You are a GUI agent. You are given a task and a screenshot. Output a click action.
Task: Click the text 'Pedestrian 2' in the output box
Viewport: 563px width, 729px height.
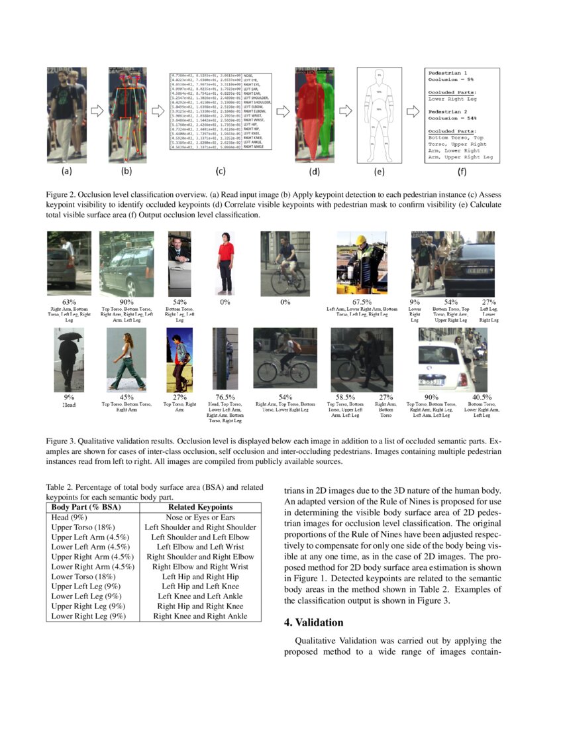pos(448,111)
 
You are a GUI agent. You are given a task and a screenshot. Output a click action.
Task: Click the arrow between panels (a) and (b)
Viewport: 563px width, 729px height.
pos(97,111)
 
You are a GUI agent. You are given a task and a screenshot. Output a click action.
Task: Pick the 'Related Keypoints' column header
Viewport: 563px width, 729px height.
pos(200,507)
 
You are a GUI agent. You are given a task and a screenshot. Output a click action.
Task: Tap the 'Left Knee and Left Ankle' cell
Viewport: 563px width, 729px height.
pos(200,596)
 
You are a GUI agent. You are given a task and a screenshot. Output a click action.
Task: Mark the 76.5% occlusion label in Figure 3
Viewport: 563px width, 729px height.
pos(227,397)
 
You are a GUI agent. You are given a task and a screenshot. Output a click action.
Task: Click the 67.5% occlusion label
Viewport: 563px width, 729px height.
pos(362,302)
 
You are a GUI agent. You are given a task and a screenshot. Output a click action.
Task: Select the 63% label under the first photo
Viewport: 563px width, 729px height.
pos(70,302)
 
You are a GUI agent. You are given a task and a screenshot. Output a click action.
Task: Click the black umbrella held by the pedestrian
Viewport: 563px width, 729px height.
pos(69,336)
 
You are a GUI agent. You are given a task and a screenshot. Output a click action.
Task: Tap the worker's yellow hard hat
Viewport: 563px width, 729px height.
pos(362,239)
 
